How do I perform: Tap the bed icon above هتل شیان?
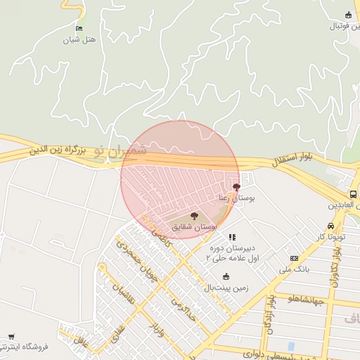click(79, 28)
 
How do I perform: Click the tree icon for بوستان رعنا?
click(236, 187)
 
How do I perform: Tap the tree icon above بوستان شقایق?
click(194, 216)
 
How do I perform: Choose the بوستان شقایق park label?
click(194, 227)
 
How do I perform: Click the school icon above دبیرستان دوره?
click(233, 237)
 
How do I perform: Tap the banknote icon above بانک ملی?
click(294, 259)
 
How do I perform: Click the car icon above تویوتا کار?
click(330, 226)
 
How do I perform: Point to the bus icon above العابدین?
click(352, 194)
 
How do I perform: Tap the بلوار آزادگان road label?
click(268, 314)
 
